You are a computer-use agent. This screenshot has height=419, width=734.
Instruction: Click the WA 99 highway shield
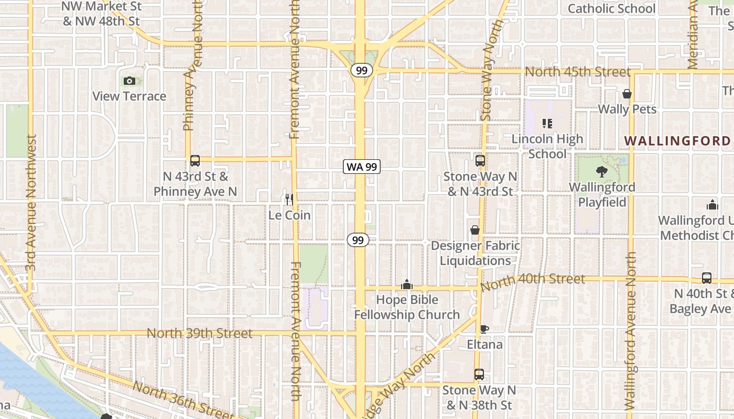[x=362, y=167]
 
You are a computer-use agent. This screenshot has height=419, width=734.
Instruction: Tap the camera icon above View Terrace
[x=129, y=81]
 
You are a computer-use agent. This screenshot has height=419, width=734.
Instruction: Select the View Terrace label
[x=129, y=96]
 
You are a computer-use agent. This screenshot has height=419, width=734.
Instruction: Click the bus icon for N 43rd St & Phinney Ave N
[x=195, y=161]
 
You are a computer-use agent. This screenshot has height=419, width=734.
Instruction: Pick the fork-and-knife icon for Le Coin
[x=289, y=199]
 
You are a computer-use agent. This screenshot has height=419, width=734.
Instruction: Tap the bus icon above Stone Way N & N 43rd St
[x=480, y=161]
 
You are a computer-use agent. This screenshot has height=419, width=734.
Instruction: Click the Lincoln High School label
[x=547, y=147]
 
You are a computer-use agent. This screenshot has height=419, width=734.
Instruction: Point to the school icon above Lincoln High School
[x=547, y=124]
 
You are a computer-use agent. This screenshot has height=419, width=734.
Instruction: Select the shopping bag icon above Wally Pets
[x=627, y=94]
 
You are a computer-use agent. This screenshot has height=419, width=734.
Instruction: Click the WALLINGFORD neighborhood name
[x=677, y=141]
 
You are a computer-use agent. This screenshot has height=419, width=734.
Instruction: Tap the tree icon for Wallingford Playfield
[x=602, y=172]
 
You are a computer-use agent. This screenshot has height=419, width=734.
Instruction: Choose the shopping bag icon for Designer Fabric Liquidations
[x=475, y=230]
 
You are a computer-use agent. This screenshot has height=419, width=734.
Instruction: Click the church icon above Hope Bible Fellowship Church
[x=407, y=284]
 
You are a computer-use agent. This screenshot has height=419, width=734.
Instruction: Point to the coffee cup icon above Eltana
[x=484, y=329]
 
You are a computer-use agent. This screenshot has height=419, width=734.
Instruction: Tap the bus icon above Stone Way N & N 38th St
[x=479, y=374]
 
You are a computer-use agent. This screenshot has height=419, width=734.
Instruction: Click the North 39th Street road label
[x=200, y=333]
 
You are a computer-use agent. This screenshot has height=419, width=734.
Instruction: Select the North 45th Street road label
[x=578, y=72]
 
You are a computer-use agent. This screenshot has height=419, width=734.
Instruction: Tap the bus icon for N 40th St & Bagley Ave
[x=707, y=278]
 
